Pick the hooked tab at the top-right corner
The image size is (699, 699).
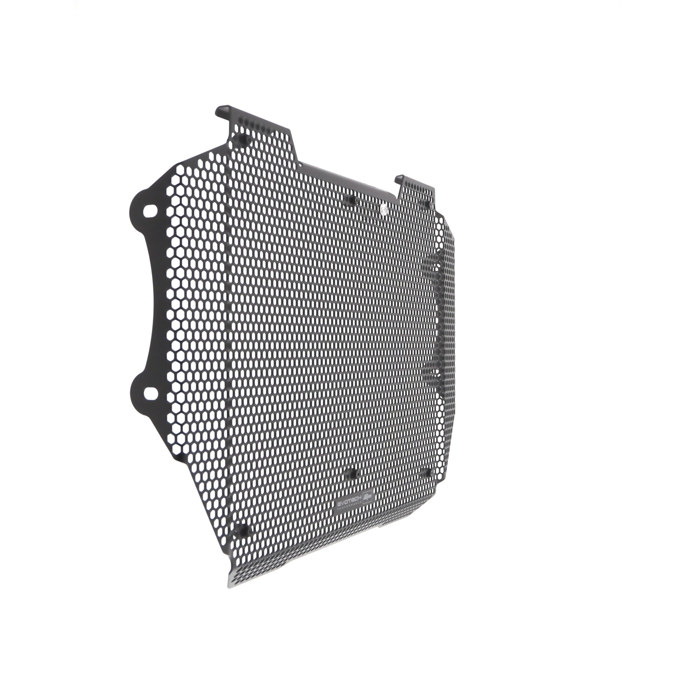(400, 178)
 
